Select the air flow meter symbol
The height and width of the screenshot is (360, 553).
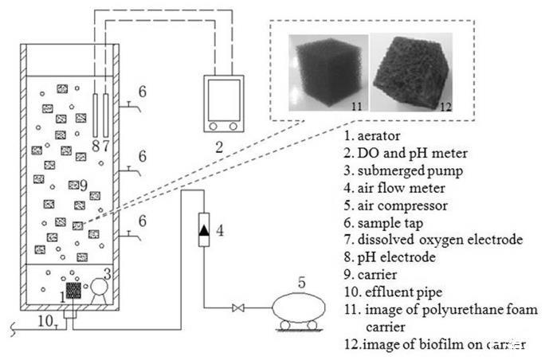[x=205, y=230]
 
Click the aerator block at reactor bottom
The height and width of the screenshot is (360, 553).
[x=74, y=290]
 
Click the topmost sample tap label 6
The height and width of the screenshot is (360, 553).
[x=141, y=92]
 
